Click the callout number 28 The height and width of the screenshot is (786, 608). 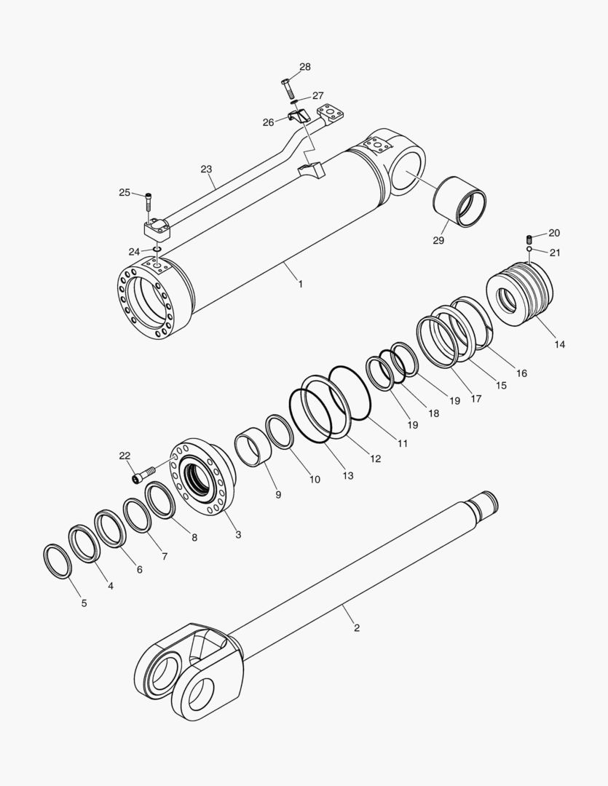point(304,67)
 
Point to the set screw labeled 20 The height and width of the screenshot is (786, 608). point(530,239)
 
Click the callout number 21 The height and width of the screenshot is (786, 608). point(555,253)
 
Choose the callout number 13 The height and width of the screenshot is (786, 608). point(348,475)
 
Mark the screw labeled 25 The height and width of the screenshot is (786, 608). point(149,197)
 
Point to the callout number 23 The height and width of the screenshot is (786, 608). point(206,169)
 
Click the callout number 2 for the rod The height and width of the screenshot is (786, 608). point(356,627)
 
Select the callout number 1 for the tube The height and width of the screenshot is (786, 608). point(299,284)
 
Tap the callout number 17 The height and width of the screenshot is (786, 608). point(475,399)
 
